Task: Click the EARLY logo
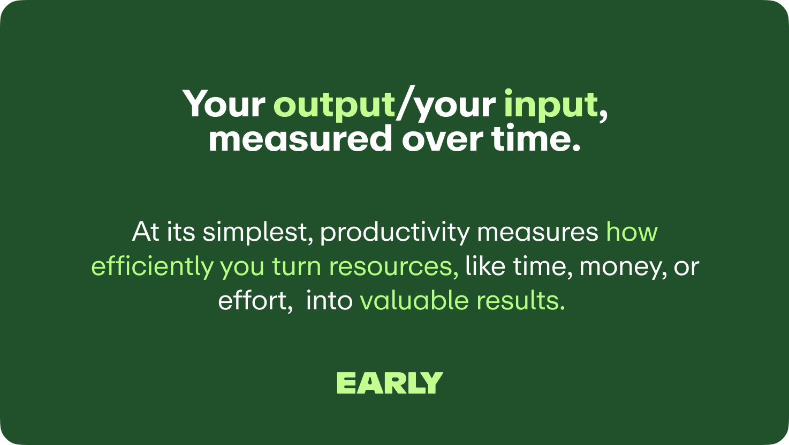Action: click(390, 383)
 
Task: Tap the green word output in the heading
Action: click(334, 105)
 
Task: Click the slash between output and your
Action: click(405, 103)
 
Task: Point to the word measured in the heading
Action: click(300, 139)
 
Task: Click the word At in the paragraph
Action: click(146, 232)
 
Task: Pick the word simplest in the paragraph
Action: click(258, 233)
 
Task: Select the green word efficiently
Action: click(152, 267)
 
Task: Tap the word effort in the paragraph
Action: click(255, 301)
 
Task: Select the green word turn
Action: click(296, 267)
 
